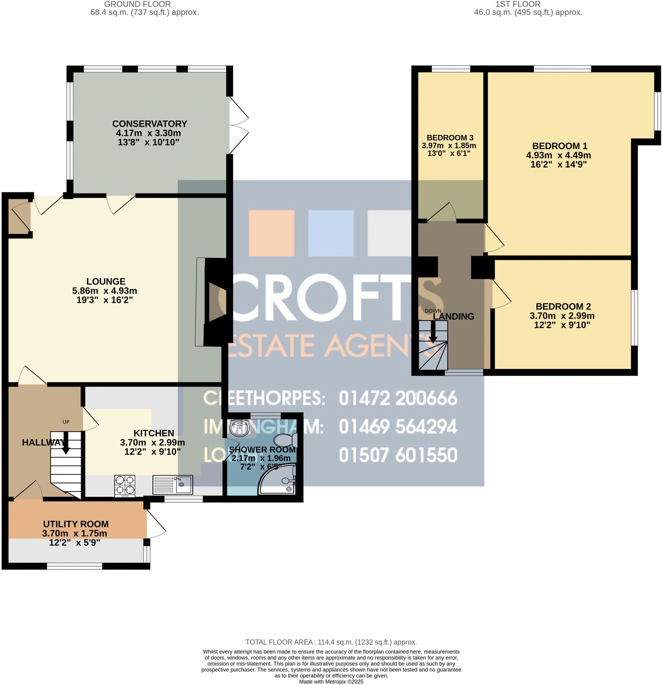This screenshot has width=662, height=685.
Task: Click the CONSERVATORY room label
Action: [x=150, y=124]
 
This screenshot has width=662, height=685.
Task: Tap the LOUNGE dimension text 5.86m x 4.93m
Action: [x=104, y=290]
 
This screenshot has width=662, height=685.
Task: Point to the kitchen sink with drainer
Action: [x=173, y=484]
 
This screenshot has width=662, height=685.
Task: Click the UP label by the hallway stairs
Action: [x=66, y=422]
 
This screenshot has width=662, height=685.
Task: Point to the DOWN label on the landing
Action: [x=433, y=311]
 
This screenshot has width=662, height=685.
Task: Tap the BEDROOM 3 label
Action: [x=450, y=138]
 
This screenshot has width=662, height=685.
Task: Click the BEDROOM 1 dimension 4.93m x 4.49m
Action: [x=559, y=155]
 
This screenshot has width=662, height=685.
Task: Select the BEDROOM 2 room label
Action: [x=563, y=306]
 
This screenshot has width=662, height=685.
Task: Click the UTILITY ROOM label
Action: [x=76, y=524]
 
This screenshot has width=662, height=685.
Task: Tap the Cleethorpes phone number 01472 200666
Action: [x=398, y=398]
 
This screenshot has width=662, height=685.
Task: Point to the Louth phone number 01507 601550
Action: [x=398, y=455]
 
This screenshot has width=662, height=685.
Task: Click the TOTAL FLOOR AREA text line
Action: [x=331, y=642]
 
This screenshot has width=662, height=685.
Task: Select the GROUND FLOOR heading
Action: [x=137, y=4]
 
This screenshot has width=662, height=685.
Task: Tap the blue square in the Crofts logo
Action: [x=330, y=233]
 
